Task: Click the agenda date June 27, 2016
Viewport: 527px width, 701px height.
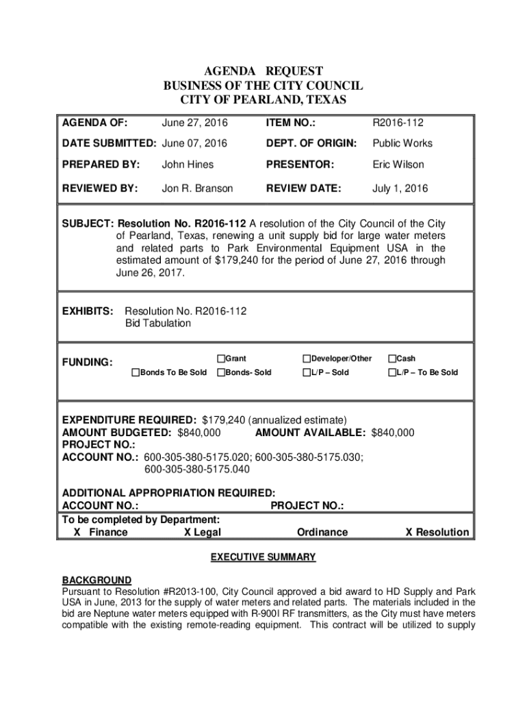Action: pyautogui.click(x=194, y=123)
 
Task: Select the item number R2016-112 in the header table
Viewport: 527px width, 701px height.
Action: pyautogui.click(x=398, y=123)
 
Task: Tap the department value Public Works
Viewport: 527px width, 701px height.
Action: pyautogui.click(x=402, y=144)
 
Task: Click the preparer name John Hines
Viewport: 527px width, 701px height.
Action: pyautogui.click(x=188, y=164)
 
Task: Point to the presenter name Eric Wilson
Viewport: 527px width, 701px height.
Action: pyautogui.click(x=398, y=164)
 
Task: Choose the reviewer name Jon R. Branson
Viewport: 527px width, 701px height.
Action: pyautogui.click(x=197, y=188)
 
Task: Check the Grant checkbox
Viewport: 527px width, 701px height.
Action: pyautogui.click(x=221, y=359)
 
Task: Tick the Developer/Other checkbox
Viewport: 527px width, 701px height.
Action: pyautogui.click(x=306, y=359)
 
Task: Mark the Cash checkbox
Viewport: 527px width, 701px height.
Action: pyautogui.click(x=392, y=359)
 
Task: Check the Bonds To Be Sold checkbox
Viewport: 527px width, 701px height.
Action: pyautogui.click(x=136, y=372)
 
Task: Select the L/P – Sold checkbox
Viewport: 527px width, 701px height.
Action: pyautogui.click(x=306, y=372)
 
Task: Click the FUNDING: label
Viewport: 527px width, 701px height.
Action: pyautogui.click(x=88, y=362)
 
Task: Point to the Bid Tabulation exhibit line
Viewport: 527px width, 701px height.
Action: pyautogui.click(x=158, y=323)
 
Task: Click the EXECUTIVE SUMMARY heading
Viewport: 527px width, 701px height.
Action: pyautogui.click(x=263, y=557)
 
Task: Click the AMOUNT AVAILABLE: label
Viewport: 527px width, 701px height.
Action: pyautogui.click(x=311, y=433)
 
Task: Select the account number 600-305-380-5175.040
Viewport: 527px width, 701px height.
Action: pyautogui.click(x=197, y=470)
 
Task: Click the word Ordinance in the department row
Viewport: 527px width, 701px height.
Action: pyautogui.click(x=322, y=532)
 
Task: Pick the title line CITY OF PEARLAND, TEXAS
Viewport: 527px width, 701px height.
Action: pyautogui.click(x=263, y=100)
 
